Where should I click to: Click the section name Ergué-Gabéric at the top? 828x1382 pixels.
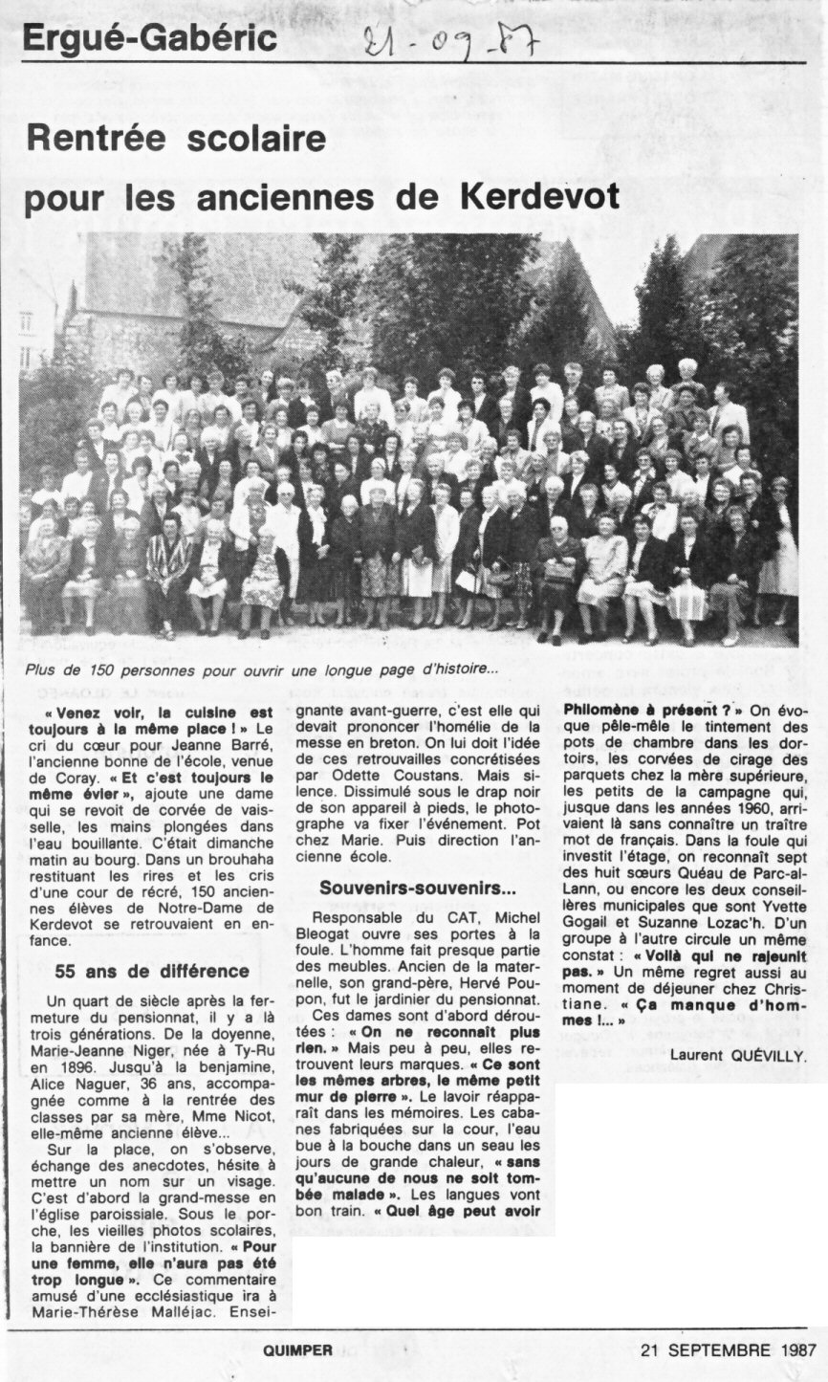[x=149, y=38]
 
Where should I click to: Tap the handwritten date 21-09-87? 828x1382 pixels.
[x=449, y=40]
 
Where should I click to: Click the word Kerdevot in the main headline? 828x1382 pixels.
[x=539, y=196]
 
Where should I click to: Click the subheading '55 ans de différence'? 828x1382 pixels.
[x=152, y=971]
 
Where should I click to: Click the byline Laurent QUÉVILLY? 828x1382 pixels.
[x=738, y=1055]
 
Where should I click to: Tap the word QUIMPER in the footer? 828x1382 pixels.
[x=298, y=1350]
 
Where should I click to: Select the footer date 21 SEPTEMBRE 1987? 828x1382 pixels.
[x=728, y=1350]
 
